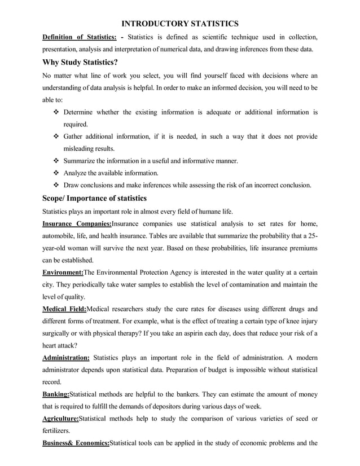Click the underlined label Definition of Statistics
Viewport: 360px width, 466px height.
tap(79, 38)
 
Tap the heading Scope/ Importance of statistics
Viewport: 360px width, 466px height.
tap(94, 198)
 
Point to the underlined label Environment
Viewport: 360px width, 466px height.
tap(63, 271)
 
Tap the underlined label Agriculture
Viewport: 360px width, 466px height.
tap(60, 418)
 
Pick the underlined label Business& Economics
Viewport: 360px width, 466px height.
tap(76, 443)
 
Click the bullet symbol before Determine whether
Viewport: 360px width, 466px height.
tap(56, 112)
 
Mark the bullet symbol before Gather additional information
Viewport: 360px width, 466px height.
tap(56, 137)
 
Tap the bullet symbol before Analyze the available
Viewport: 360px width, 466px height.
tap(56, 173)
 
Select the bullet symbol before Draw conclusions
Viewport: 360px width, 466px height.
tap(56, 185)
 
